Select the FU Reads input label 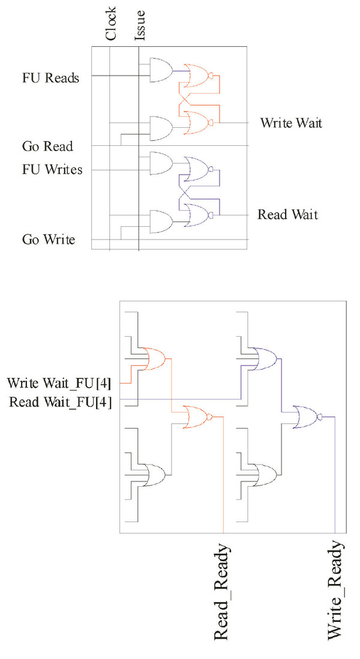point(51,78)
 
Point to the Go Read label point(47,146)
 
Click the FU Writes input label point(53,170)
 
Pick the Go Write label point(49,240)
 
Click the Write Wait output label point(291,123)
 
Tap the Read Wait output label point(288,214)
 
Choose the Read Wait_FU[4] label point(64,402)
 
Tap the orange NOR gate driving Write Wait point(199,122)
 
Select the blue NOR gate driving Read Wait point(199,215)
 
